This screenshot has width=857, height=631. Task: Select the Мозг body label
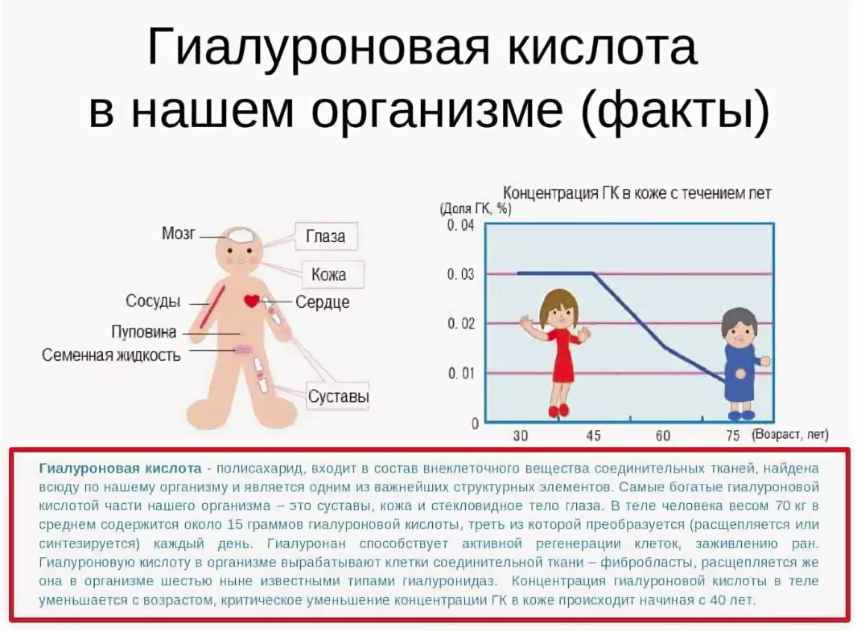coord(178,233)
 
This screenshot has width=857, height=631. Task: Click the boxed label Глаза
coord(326,236)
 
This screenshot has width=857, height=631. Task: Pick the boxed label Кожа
coord(329,274)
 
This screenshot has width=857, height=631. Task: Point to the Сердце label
coord(322,302)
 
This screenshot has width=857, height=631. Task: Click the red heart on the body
coord(252,300)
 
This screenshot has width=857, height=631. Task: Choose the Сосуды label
coord(153,301)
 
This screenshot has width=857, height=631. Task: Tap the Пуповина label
coord(144,331)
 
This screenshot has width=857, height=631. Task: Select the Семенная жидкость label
coord(111,355)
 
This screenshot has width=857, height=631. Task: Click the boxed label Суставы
coord(338,395)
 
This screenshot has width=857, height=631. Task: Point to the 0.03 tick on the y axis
coord(461,274)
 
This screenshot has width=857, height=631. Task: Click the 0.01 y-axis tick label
coord(461,373)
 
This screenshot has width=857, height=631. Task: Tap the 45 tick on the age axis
coord(593,436)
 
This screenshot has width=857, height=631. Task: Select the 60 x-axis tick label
coord(663,436)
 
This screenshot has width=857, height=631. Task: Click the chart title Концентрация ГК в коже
coord(637,193)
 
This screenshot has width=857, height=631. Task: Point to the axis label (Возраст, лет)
coord(790,435)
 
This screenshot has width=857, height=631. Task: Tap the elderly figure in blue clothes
coord(741,364)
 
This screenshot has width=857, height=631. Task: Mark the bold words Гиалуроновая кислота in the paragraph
coord(120,469)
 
